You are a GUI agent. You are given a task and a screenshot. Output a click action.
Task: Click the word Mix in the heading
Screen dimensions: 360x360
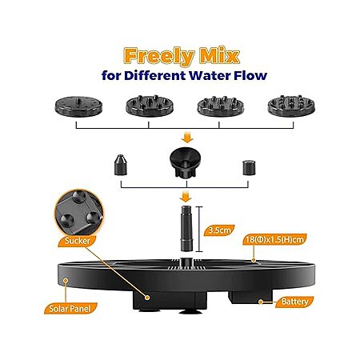[220, 55]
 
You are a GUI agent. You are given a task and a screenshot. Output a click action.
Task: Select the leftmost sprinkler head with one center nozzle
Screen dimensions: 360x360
[78, 106]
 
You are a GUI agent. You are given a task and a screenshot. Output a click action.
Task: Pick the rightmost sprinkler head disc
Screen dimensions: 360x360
[291, 106]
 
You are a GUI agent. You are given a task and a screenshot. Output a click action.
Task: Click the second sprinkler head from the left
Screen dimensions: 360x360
[150, 106]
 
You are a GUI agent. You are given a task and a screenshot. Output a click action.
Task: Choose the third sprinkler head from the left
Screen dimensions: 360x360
[221, 106]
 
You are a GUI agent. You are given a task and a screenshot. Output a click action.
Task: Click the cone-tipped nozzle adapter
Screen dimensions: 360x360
[121, 165]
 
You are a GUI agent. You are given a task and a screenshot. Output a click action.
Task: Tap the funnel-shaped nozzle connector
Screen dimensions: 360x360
[186, 162]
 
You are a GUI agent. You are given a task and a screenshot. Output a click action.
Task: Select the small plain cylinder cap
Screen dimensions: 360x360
[249, 167]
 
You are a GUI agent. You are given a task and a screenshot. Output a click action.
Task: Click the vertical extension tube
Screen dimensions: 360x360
[186, 229]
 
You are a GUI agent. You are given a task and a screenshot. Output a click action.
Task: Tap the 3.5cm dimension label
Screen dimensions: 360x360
[219, 230]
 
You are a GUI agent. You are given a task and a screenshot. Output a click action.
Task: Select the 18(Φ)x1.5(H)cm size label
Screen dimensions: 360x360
[274, 239]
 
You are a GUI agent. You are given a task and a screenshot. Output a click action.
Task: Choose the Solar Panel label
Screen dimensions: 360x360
[70, 309]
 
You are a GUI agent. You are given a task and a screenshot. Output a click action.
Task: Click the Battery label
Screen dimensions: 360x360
[294, 302]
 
